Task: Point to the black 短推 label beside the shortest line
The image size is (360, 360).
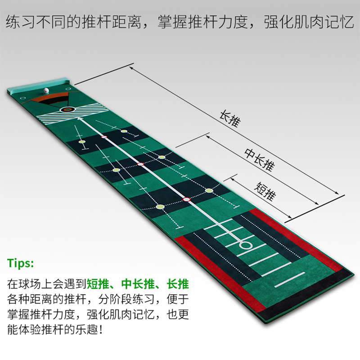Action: click(x=265, y=191)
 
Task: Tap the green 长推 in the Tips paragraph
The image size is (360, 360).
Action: click(x=177, y=284)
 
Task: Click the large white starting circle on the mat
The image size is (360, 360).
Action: click(x=245, y=246)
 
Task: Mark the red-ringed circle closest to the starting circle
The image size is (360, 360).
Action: click(x=187, y=199)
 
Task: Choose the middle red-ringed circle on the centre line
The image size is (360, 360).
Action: click(x=140, y=164)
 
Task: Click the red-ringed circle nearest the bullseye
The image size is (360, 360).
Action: click(x=104, y=136)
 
